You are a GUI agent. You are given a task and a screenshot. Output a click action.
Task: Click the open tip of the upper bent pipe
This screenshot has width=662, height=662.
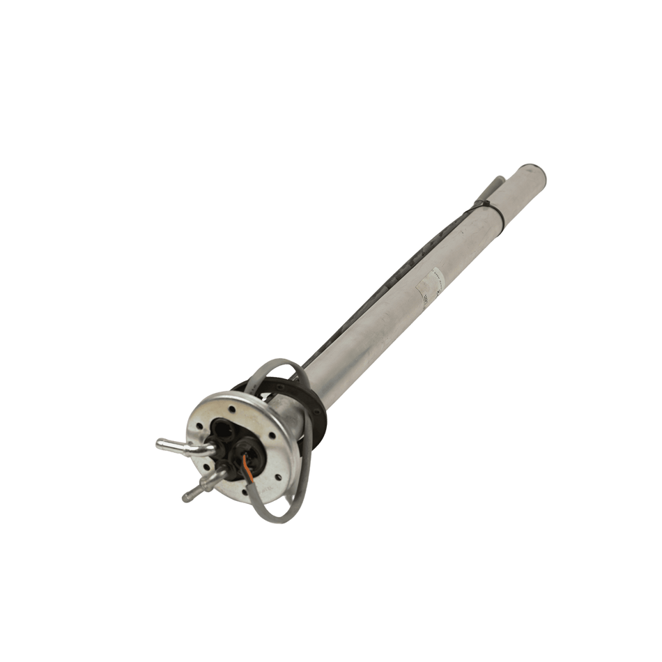click(160, 444)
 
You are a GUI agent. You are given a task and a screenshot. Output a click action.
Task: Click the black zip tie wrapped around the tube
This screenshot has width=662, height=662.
click(492, 208)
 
